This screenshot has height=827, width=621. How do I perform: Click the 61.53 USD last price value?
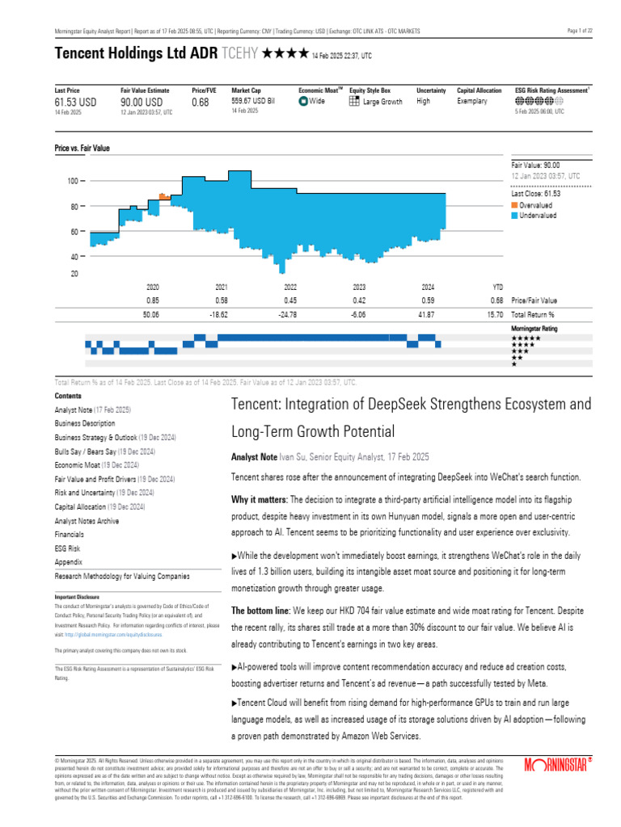75,103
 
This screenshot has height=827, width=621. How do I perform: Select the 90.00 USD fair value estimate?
142,103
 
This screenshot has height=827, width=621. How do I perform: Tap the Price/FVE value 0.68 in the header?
200,103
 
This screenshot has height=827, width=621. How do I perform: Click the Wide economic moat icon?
303,102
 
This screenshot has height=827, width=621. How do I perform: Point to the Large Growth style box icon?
354,102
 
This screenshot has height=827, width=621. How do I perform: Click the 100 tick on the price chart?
72,182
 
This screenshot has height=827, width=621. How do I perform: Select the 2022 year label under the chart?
290,287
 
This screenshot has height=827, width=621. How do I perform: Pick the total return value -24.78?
285,314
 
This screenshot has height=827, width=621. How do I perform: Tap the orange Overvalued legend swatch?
514,205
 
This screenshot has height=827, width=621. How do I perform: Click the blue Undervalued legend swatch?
514,216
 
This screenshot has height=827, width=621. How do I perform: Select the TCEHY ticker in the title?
243,54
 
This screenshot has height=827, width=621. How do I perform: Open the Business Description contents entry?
85,423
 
